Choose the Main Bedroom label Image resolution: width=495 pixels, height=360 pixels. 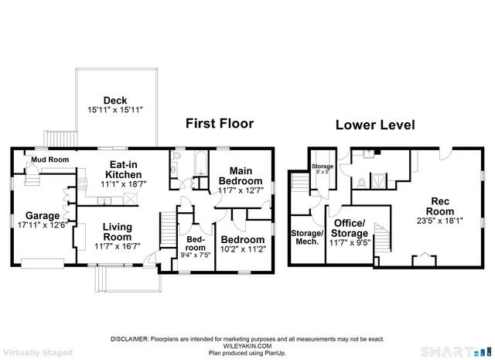241,176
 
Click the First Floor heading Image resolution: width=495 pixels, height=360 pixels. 219,123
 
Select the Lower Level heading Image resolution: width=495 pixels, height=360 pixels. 374,125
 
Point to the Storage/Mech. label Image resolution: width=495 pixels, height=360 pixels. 307,237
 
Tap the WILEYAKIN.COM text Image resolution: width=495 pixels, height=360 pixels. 247,345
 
